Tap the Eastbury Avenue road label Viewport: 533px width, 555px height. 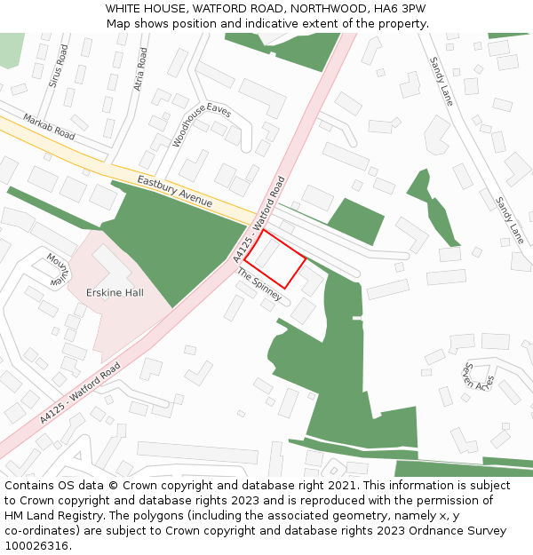pyautogui.click(x=175, y=191)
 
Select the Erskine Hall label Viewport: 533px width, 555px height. pyautogui.click(x=115, y=292)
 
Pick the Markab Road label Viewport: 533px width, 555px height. pyautogui.click(x=49, y=126)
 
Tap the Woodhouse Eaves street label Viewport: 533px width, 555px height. pyautogui.click(x=202, y=123)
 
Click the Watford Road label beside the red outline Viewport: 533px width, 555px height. pyautogui.click(x=259, y=218)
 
